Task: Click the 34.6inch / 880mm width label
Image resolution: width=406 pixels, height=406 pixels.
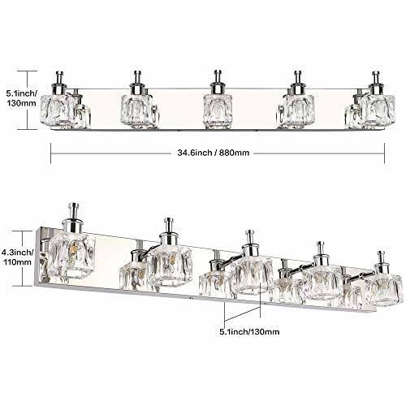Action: (214, 153)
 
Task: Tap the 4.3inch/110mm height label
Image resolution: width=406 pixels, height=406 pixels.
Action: (17, 257)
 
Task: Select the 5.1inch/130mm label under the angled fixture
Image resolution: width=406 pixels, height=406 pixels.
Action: (249, 331)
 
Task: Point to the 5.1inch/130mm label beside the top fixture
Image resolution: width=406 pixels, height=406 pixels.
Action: (21, 98)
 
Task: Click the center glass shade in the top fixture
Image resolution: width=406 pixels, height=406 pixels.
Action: (218, 110)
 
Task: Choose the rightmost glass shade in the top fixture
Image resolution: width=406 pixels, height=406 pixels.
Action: (379, 110)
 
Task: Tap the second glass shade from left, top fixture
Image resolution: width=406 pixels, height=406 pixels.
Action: (136, 111)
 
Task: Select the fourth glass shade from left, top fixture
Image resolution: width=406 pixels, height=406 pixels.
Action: (299, 110)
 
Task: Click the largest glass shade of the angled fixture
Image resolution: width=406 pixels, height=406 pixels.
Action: (72, 256)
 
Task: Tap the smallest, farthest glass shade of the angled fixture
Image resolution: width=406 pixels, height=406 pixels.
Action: (384, 290)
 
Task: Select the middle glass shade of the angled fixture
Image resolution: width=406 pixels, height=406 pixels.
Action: (253, 274)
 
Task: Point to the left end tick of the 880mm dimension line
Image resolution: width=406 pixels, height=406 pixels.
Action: (51, 153)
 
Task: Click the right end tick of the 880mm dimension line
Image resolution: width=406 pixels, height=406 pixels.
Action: (384, 153)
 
